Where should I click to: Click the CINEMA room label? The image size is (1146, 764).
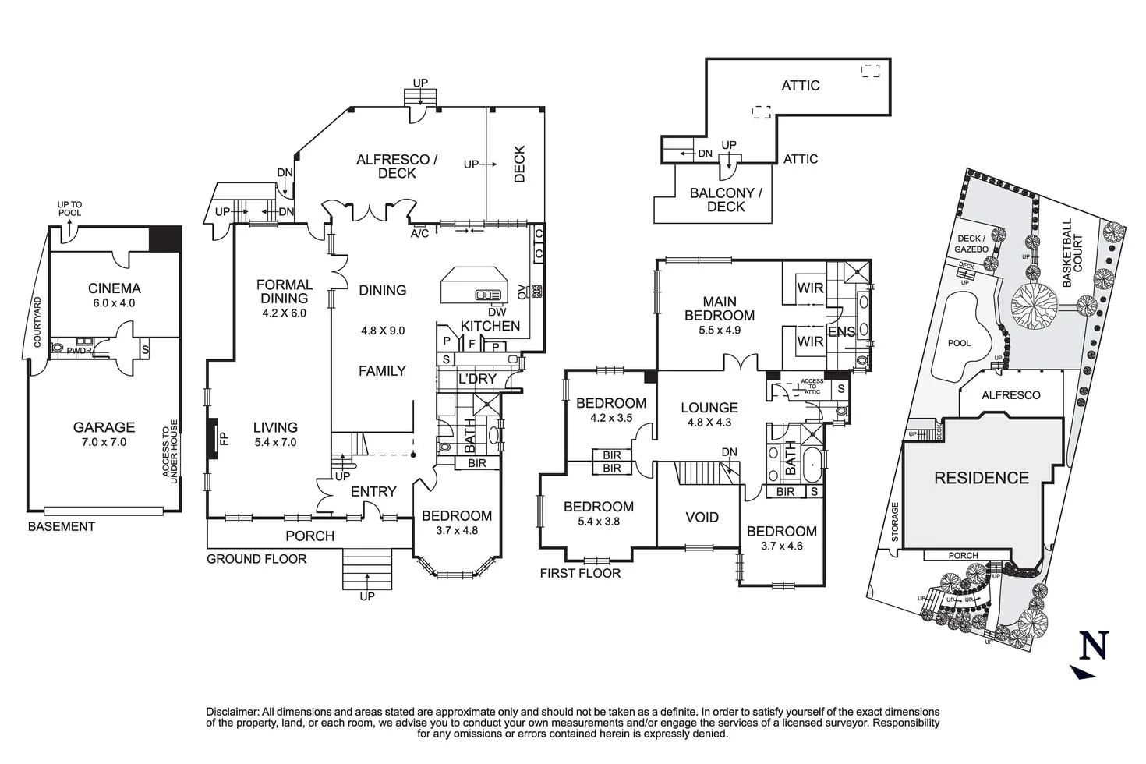coord(114,288)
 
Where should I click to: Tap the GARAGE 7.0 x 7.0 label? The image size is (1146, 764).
coord(104,427)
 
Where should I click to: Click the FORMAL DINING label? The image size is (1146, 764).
coord(284,292)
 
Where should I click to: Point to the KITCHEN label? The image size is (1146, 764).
coord(490,326)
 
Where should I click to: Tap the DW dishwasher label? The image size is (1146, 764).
coord(497,312)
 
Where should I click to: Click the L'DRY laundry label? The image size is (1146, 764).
coord(478,379)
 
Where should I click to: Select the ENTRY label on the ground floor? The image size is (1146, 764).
coord(373,492)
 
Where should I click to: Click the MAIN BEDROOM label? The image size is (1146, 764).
coord(719,309)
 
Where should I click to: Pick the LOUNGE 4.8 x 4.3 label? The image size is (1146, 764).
coord(709,408)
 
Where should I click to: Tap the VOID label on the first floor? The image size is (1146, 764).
coord(702,518)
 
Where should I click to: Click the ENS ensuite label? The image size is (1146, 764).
coord(841,331)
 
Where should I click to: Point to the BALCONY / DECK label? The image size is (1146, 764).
coord(725,200)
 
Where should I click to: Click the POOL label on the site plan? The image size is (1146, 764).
coord(959,343)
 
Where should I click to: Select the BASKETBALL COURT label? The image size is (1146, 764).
coord(1072,245)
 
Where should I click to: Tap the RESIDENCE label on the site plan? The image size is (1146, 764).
coord(981,478)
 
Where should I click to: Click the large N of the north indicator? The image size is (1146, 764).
coord(1094,645)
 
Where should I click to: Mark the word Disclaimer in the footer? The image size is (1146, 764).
coord(232,712)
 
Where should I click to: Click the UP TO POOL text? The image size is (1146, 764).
coord(69,209)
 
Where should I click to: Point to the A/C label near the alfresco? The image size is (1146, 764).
coord(419,233)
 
